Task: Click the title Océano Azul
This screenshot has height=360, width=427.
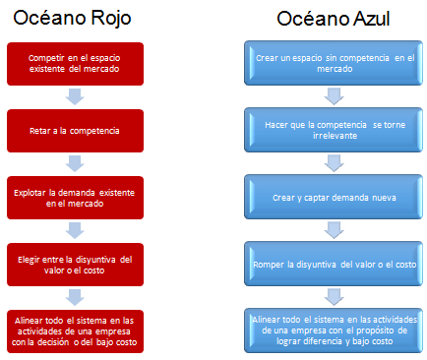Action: click(x=333, y=20)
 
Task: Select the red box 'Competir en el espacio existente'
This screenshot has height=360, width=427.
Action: click(x=76, y=65)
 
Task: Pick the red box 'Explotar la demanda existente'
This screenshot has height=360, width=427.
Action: click(x=76, y=195)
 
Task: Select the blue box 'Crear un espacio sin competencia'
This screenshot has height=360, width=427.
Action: click(x=333, y=64)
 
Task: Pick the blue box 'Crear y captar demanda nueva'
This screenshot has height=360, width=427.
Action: click(x=333, y=195)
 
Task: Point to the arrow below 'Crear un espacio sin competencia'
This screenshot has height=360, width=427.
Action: click(x=333, y=95)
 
